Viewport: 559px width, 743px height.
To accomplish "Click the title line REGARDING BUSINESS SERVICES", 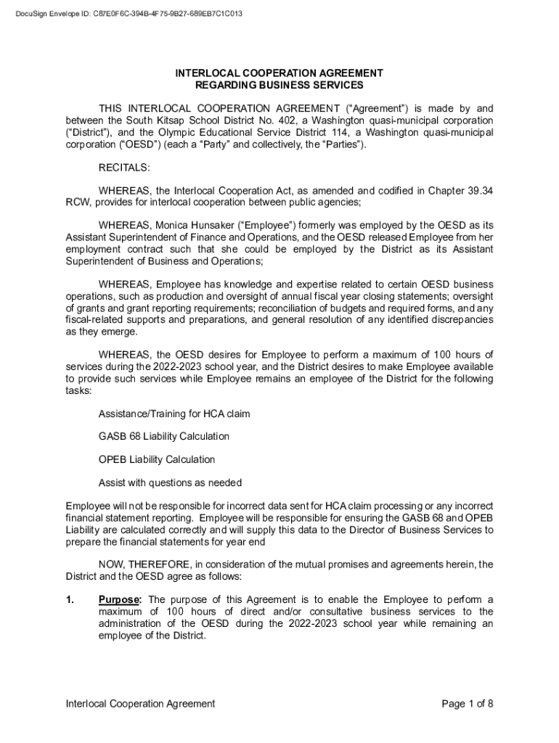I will point(279,86).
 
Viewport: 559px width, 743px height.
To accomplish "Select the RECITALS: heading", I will point(124,168).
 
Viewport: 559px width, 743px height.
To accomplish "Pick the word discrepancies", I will point(457,320).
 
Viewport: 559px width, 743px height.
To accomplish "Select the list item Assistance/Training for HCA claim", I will point(174,414).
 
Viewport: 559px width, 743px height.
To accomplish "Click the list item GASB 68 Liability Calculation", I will point(164,437).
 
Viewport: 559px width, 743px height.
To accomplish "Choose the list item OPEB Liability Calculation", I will point(157,460).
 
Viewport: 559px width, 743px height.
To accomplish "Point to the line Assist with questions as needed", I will point(170,483).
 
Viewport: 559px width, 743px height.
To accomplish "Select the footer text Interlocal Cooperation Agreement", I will point(140,703).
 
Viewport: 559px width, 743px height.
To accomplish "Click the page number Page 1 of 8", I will point(468,703).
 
